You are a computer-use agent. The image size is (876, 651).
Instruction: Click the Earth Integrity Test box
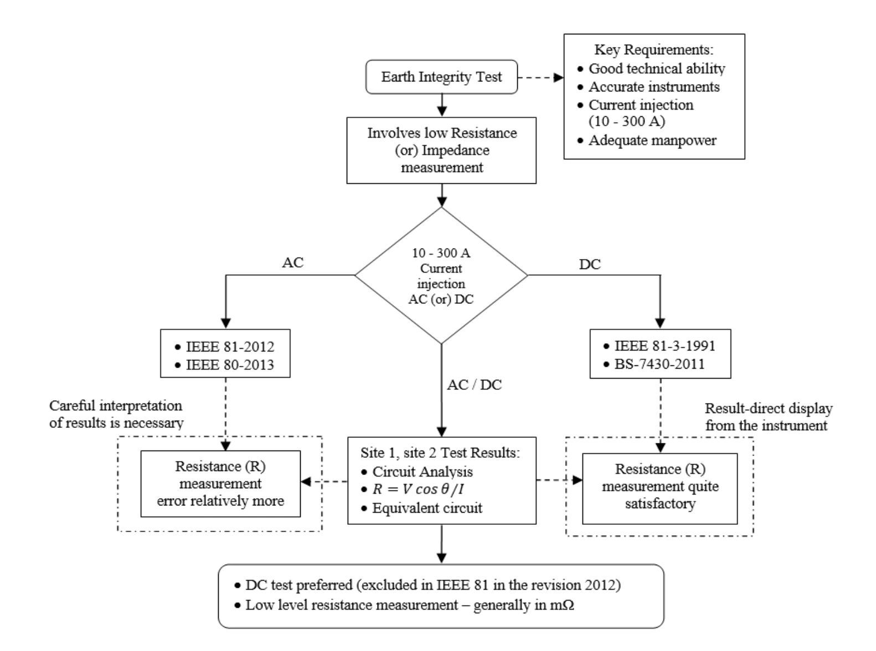point(441,77)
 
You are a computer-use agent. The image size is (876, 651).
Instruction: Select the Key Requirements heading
point(653,50)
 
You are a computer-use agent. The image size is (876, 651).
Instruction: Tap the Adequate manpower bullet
point(652,140)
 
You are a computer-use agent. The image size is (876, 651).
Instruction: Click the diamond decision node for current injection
point(441,276)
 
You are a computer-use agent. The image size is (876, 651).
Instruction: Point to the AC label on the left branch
point(292,263)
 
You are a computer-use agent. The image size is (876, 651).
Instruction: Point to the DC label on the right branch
point(589,265)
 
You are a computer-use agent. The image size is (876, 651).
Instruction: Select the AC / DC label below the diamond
point(474,385)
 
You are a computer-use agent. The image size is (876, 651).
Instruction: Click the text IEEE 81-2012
point(229,347)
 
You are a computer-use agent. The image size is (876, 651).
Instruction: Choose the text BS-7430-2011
point(659,364)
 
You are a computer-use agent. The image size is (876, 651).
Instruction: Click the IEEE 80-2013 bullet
point(229,365)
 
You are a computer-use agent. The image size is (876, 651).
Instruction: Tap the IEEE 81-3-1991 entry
point(664,346)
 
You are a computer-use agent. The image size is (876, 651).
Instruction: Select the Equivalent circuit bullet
point(426,508)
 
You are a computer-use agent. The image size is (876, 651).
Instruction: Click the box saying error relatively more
point(220,484)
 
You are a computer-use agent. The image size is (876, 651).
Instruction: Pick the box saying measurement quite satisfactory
point(660,487)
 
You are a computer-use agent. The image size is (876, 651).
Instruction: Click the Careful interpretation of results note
point(116,414)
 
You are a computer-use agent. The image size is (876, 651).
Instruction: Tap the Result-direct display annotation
point(768,417)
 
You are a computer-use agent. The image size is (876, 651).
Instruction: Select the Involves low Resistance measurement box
point(441,150)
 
